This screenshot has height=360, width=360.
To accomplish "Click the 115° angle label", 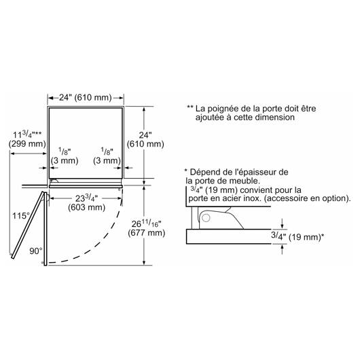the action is pos(21,216).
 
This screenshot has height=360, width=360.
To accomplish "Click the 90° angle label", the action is pos(36,251).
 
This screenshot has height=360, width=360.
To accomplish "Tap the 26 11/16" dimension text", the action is pos(147,223).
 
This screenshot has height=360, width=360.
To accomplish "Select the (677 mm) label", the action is pos(147,233).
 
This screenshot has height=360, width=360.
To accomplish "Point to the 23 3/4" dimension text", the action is pos(86,198).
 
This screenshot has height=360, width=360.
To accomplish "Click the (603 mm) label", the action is pos(86,208).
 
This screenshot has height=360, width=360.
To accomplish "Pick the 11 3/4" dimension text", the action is pos(27,134).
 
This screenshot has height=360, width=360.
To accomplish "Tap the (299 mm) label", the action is pos(27,144).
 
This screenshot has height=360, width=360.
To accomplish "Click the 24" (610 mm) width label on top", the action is pos(86,98).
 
